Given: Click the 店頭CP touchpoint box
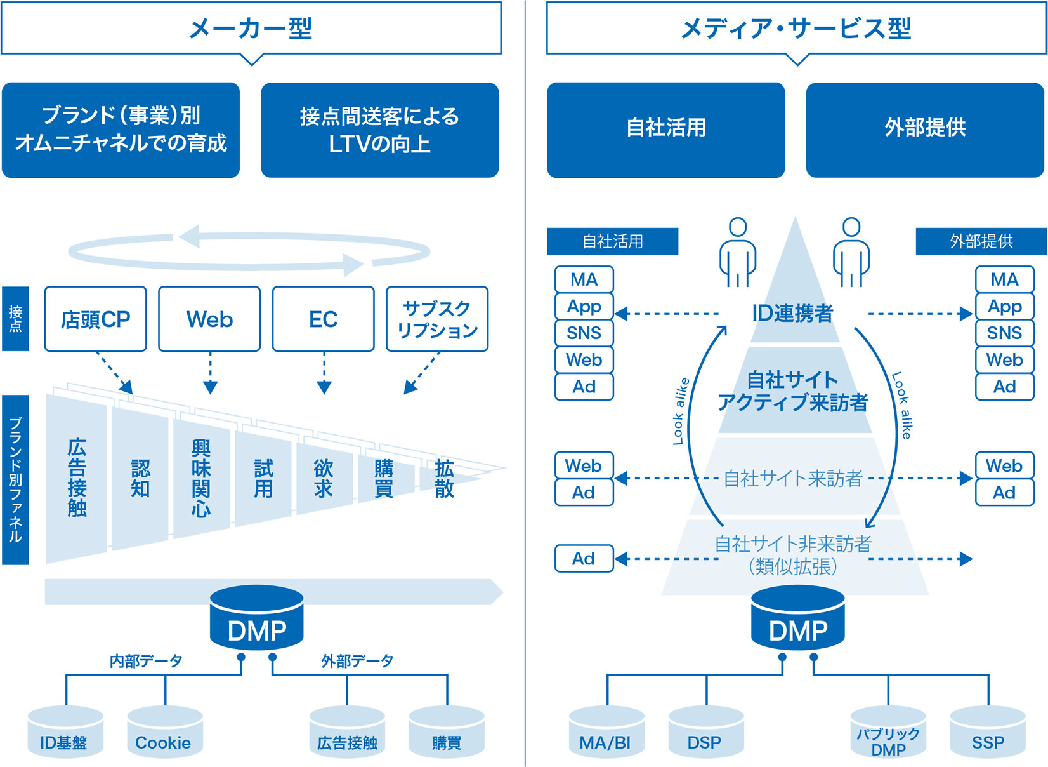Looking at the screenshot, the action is [95, 319].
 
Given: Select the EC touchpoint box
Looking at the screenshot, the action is [324, 319].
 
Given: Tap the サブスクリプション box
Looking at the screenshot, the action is [437, 319].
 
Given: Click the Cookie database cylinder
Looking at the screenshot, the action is [165, 731].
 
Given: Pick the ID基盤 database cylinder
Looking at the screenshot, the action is [65, 731].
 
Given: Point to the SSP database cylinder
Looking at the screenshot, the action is [988, 731].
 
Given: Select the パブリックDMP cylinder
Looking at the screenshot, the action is [888, 731].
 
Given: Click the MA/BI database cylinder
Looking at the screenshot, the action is [607, 731].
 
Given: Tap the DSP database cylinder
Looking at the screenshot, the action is [706, 731].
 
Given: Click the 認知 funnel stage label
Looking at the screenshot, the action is [140, 478].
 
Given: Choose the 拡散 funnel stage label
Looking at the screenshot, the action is [444, 478].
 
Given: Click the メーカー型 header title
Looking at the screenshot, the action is [251, 29].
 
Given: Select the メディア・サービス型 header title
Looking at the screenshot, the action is [796, 29].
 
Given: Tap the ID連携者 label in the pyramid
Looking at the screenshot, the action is [792, 313].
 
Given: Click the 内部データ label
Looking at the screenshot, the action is [146, 661].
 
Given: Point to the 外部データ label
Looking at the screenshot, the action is [357, 661].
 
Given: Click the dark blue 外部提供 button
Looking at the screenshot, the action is [925, 130].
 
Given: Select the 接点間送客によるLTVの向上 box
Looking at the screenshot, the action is [379, 130].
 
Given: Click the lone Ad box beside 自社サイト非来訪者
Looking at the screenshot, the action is [584, 558].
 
